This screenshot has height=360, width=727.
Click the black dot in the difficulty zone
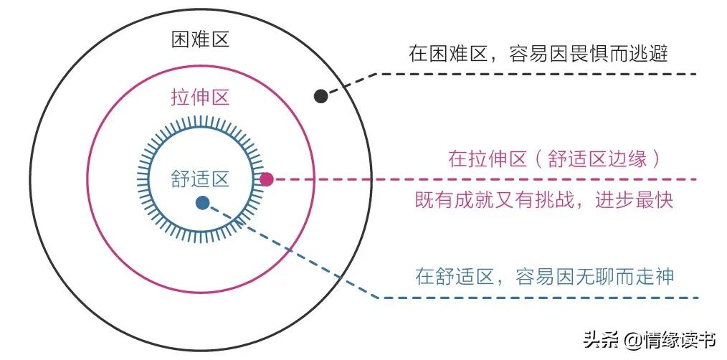click(x=321, y=95)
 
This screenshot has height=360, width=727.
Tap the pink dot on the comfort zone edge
click(x=267, y=179)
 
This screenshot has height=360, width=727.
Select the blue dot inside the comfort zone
click(x=203, y=203)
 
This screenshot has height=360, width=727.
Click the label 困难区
click(x=200, y=39)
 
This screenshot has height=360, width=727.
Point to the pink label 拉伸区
click(x=200, y=98)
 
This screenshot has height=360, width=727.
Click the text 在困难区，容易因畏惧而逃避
click(x=538, y=54)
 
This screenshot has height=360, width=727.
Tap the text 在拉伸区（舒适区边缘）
click(x=553, y=158)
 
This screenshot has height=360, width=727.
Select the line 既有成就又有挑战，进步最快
click(x=544, y=200)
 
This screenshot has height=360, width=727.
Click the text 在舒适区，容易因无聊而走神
click(x=545, y=276)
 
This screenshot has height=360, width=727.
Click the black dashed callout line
click(x=531, y=74)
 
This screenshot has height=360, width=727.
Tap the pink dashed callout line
click(x=502, y=179)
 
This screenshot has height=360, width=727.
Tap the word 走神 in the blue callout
click(x=656, y=276)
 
